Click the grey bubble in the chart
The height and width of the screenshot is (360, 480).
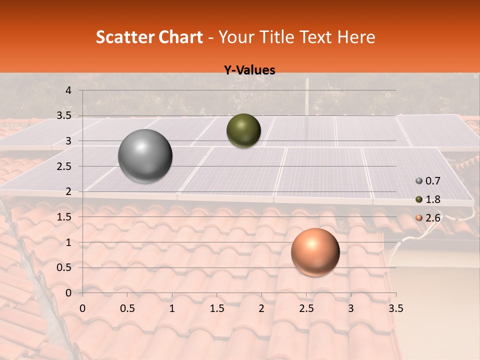pyautogui.click(x=145, y=156)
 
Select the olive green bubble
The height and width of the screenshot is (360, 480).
pyautogui.click(x=243, y=130)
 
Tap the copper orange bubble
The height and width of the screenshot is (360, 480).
pyautogui.click(x=315, y=252)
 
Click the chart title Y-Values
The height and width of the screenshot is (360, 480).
pyautogui.click(x=249, y=70)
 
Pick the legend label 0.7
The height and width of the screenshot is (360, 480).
pyautogui.click(x=433, y=181)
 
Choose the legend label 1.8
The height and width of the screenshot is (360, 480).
pyautogui.click(x=433, y=199)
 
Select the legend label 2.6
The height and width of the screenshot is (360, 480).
pyautogui.click(x=433, y=217)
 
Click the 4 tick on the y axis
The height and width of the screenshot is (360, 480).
pyautogui.click(x=68, y=90)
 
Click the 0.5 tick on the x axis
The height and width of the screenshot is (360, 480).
pyautogui.click(x=127, y=308)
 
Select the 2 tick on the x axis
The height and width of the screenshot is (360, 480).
pyautogui.click(x=261, y=308)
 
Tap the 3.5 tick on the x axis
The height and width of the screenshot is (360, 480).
pyautogui.click(x=395, y=308)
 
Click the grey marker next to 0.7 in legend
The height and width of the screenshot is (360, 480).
pyautogui.click(x=419, y=181)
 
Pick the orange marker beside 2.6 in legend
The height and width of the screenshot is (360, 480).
pyautogui.click(x=419, y=217)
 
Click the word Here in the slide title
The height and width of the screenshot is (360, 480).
pyautogui.click(x=355, y=37)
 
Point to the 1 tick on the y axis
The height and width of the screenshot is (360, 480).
pyautogui.click(x=68, y=242)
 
